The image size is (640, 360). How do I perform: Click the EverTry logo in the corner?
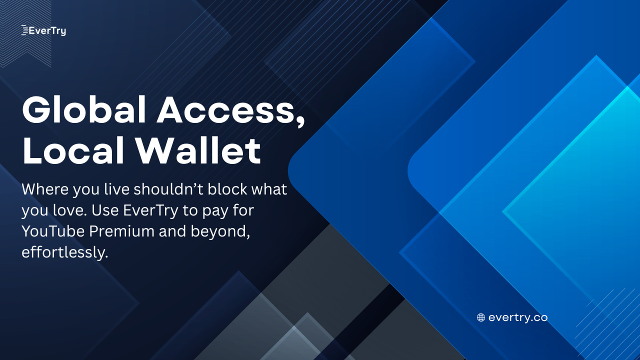point(43,30)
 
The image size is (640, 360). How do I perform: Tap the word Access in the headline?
point(225,110)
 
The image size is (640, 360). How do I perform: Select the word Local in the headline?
point(73,150)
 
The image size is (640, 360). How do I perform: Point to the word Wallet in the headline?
point(198,150)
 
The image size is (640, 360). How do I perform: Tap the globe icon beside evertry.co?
point(481,317)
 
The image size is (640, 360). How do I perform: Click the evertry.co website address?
point(518,317)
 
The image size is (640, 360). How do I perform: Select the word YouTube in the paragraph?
point(53,231)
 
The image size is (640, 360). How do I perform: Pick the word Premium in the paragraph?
point(121,231)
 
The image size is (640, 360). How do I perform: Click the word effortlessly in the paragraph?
point(65,252)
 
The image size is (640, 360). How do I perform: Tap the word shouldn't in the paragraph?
point(168,189)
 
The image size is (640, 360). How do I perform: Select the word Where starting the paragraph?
point(45,189)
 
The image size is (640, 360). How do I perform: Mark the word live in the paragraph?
point(116,189)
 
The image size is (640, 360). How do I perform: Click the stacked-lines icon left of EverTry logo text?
point(25,30)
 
